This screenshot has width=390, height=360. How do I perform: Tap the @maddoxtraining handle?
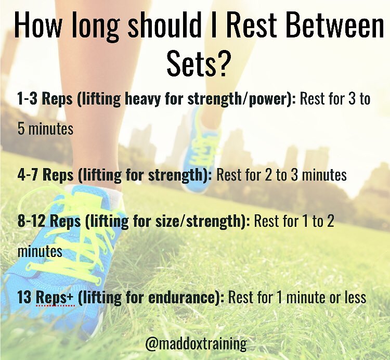coord(197,344)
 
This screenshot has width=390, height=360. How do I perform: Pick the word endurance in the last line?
coord(190,298)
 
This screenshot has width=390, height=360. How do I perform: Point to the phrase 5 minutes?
coord(46,128)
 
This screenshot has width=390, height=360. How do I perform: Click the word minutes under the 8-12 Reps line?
coord(40,252)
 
